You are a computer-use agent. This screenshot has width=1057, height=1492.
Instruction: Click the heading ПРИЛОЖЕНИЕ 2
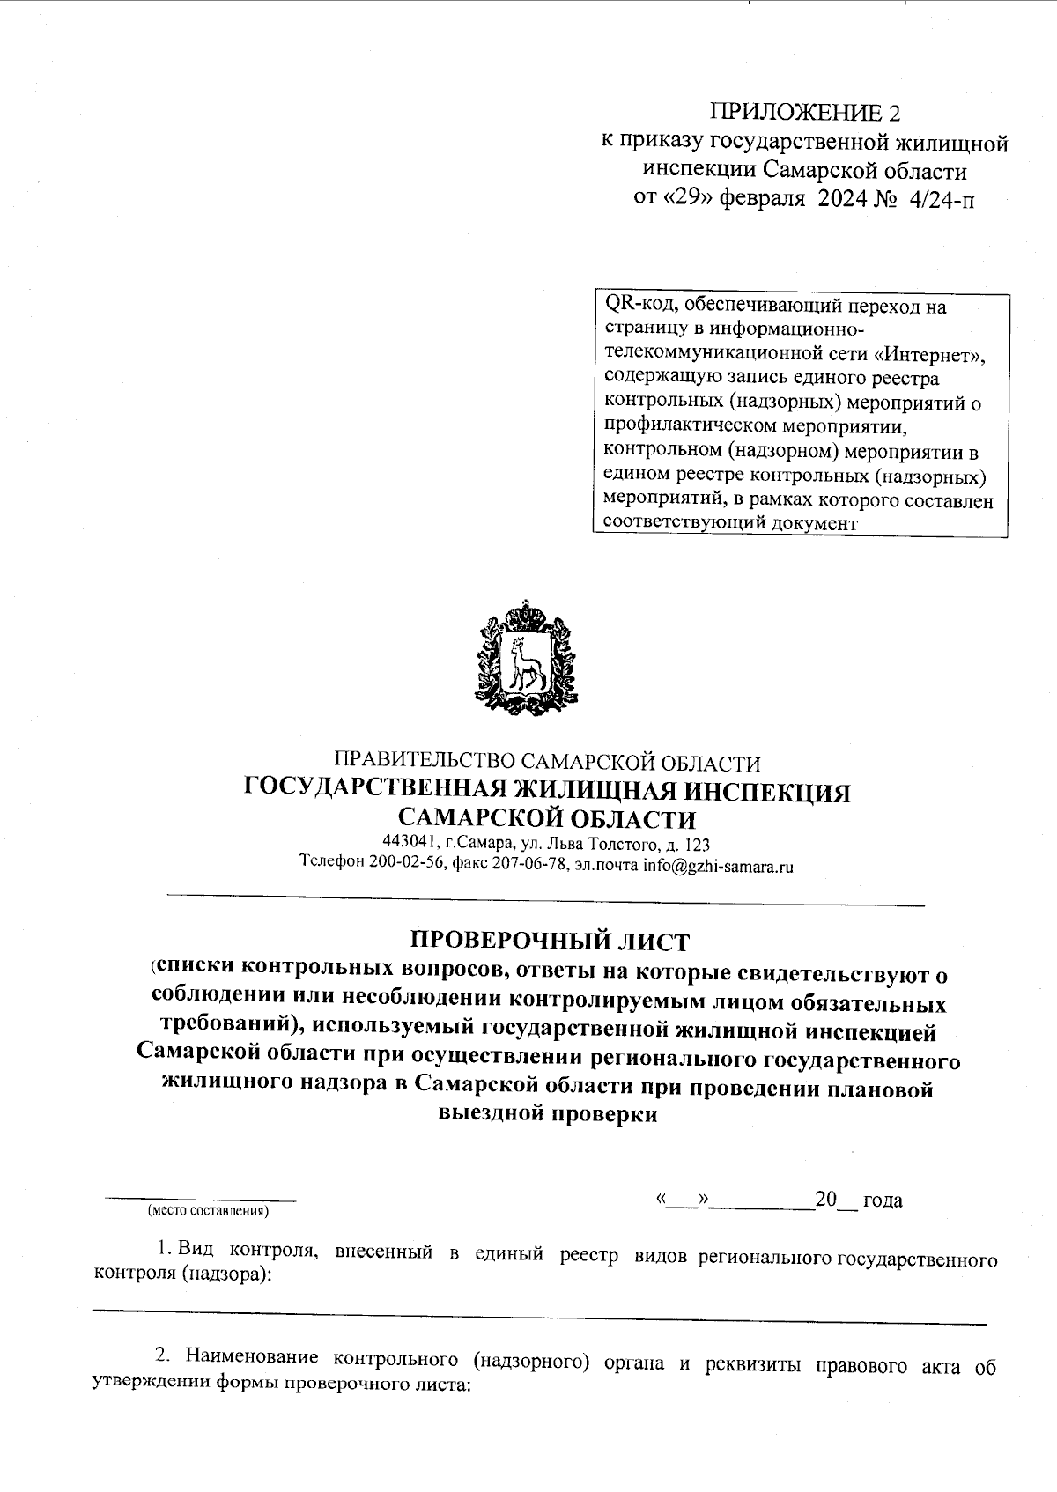click(x=806, y=113)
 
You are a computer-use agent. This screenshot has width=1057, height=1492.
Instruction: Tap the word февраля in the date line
click(x=762, y=199)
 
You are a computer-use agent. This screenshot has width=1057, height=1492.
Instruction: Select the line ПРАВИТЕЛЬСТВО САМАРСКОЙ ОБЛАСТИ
click(x=546, y=762)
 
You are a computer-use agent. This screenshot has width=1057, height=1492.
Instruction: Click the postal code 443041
click(x=408, y=844)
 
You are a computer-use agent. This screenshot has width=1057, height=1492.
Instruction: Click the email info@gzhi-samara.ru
click(x=718, y=865)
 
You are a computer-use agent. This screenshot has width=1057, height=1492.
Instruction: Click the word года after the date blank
click(x=883, y=1200)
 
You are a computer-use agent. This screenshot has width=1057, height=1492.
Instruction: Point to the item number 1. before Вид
click(x=165, y=1249)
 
